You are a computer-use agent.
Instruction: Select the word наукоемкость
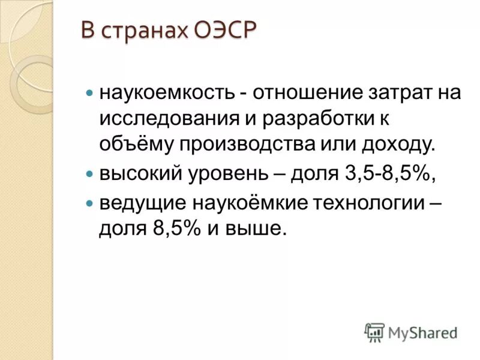pos(166,94)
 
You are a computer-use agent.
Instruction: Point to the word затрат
pos(386,94)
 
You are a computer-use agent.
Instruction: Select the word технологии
pos(369,203)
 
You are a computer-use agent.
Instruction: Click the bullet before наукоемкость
pos(90,94)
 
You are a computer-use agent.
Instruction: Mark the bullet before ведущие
pos(90,204)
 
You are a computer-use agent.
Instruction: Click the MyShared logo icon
pos(375,332)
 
